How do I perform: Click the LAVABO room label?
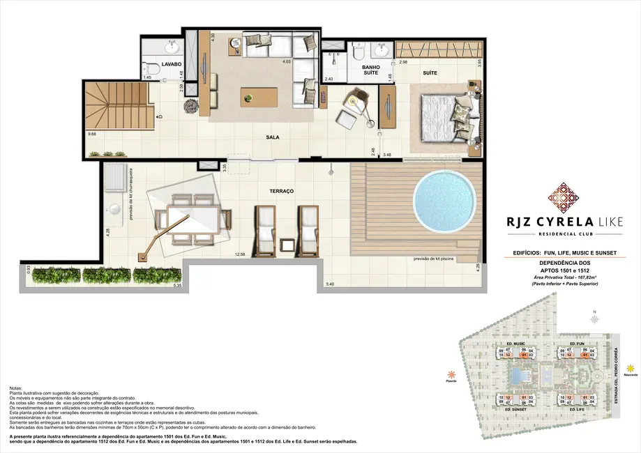point(172,63)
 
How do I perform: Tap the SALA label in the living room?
point(273,137)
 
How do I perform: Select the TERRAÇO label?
point(282,190)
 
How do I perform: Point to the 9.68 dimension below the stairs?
point(92,134)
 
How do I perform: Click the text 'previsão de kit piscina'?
point(437,258)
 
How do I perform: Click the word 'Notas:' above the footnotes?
point(17,387)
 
